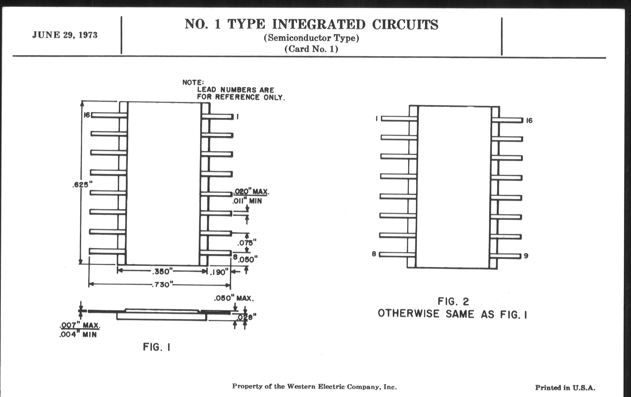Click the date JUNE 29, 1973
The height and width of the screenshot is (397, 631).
pos(65,35)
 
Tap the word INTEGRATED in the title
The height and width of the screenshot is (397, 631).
pos(318,24)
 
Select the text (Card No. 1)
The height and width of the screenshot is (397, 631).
pos(311,49)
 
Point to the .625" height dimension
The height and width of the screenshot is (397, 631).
pos(82,185)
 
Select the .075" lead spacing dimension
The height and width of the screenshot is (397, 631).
pos(246,243)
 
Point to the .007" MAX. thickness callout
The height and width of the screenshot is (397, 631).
pos(80,325)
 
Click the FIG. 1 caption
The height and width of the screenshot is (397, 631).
pos(156,347)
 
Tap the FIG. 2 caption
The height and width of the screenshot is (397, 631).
pos(453,302)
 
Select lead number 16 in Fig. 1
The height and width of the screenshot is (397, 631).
pos(87,115)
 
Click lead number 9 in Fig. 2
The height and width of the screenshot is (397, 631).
pos(526,256)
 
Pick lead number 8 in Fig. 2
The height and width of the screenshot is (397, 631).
pos(374,254)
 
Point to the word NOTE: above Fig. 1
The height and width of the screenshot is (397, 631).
pos(193,83)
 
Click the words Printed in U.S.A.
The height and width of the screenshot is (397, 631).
pos(565,388)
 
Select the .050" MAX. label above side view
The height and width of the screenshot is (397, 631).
pos(234,298)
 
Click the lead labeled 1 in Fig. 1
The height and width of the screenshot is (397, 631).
pos(217,117)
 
